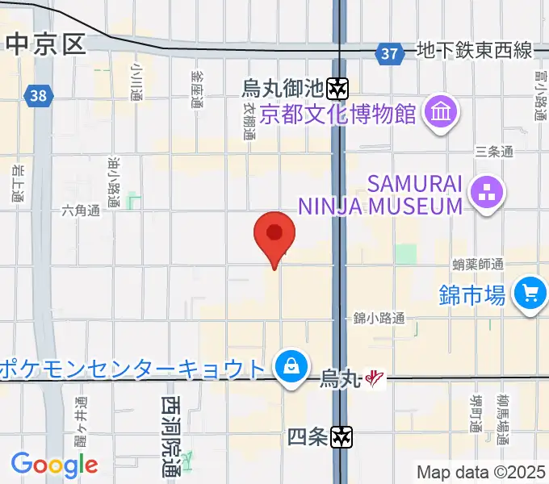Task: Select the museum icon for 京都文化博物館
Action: (x=440, y=111)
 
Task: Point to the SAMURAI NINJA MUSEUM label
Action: (x=379, y=195)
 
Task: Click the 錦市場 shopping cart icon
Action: (x=530, y=293)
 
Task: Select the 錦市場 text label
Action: (x=473, y=294)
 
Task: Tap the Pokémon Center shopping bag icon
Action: (x=288, y=368)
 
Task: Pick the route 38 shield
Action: (x=37, y=95)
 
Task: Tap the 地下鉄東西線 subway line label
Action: (x=474, y=52)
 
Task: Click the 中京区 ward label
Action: (x=45, y=44)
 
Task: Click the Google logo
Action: (x=54, y=464)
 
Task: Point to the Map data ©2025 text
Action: (x=481, y=473)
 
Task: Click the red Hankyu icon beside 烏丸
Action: (x=373, y=377)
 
